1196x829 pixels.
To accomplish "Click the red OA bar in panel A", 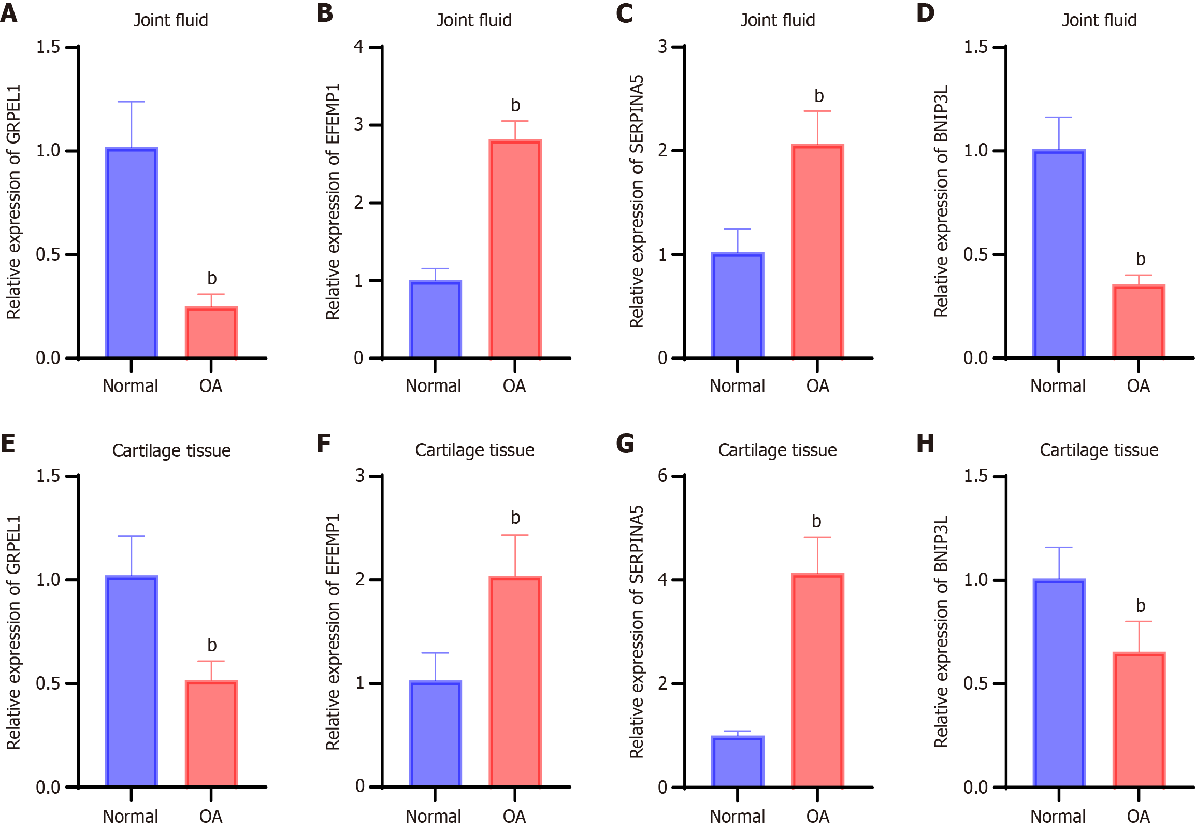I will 211,333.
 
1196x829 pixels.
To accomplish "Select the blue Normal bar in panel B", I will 435,320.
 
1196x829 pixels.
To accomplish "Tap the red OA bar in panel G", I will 817,680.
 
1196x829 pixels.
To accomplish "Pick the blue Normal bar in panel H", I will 1059,683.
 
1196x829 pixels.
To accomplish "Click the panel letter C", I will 624,13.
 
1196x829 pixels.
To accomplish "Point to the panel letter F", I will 323,444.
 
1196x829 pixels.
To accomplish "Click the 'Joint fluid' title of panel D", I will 1099,20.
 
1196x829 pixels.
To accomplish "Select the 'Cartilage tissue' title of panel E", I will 171,450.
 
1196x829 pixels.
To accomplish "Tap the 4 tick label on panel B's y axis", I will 358,47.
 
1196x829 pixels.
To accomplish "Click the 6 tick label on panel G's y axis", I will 662,475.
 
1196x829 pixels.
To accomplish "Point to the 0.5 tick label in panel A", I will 48,254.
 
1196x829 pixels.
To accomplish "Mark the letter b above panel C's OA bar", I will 819,96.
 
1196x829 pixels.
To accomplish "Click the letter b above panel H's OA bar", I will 1141,606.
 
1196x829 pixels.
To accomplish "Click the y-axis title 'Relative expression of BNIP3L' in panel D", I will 941,202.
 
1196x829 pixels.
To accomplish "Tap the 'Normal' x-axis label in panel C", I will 737,386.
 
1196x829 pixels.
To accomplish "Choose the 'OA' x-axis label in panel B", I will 514,386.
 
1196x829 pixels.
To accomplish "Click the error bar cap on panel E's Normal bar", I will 132,536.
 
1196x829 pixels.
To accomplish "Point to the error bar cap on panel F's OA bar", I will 515,535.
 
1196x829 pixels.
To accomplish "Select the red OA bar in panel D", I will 1139,322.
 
